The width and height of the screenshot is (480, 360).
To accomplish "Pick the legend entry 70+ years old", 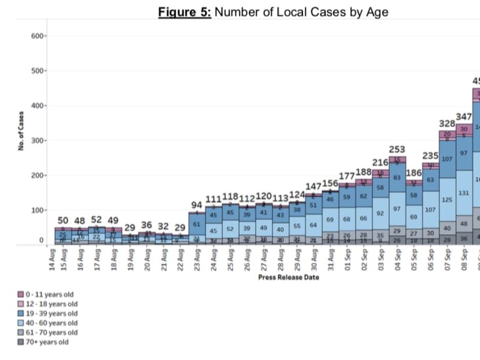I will (47, 342).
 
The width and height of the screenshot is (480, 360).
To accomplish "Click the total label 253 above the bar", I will (397, 149).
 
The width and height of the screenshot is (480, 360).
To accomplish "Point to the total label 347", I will (464, 117).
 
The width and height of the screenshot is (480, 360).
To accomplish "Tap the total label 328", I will (447, 123).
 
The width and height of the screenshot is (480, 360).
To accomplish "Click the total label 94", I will (197, 205).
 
